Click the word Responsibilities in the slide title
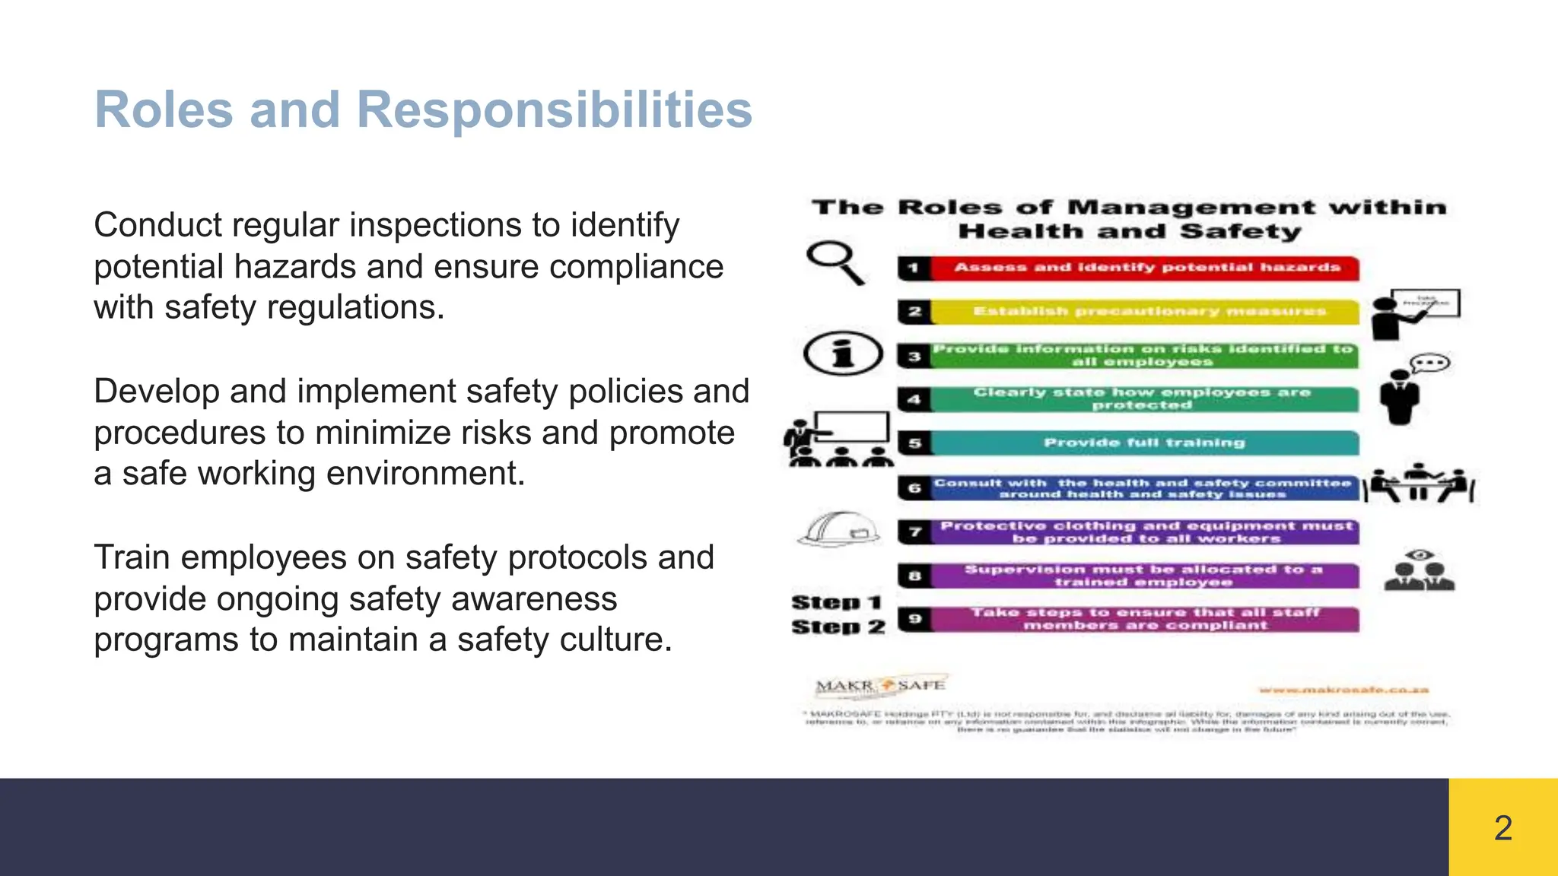click(554, 110)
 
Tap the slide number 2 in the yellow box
click(1502, 828)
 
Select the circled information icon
click(843, 354)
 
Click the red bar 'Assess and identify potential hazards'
click(1146, 268)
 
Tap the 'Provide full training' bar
click(1144, 443)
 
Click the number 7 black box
click(915, 532)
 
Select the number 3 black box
click(914, 356)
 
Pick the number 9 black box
click(915, 619)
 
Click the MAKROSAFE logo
click(881, 686)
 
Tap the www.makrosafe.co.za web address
click(1343, 690)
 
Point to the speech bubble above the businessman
click(1430, 363)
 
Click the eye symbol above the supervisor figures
click(1420, 555)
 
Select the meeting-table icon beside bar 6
click(1419, 484)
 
